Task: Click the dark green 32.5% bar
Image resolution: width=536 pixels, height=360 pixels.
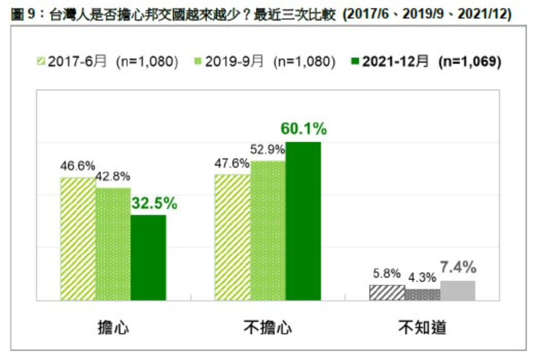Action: (148, 257)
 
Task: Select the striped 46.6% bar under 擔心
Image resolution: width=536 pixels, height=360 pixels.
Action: (78, 239)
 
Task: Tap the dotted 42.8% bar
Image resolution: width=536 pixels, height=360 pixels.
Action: (113, 244)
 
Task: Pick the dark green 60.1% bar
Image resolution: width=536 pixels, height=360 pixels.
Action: (303, 221)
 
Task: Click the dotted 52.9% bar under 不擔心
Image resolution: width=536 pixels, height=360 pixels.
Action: (268, 230)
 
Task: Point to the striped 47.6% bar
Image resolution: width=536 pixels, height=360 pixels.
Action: (233, 237)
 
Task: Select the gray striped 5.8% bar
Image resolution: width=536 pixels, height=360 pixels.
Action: (387, 293)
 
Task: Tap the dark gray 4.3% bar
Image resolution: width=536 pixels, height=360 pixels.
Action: (422, 295)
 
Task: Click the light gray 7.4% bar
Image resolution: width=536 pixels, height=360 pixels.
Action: (457, 291)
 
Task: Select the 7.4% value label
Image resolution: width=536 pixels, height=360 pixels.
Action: (458, 268)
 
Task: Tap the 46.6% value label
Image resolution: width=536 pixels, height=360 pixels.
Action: (77, 166)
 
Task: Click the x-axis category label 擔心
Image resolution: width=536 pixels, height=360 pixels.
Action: (113, 328)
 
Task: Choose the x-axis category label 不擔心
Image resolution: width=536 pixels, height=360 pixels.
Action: (268, 328)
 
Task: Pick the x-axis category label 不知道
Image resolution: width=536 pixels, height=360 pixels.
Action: (422, 328)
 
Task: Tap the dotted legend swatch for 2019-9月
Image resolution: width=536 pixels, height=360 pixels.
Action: (198, 62)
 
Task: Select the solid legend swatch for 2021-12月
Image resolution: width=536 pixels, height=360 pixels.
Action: (354, 62)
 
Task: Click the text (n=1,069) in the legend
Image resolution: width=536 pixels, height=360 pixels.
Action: (470, 62)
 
